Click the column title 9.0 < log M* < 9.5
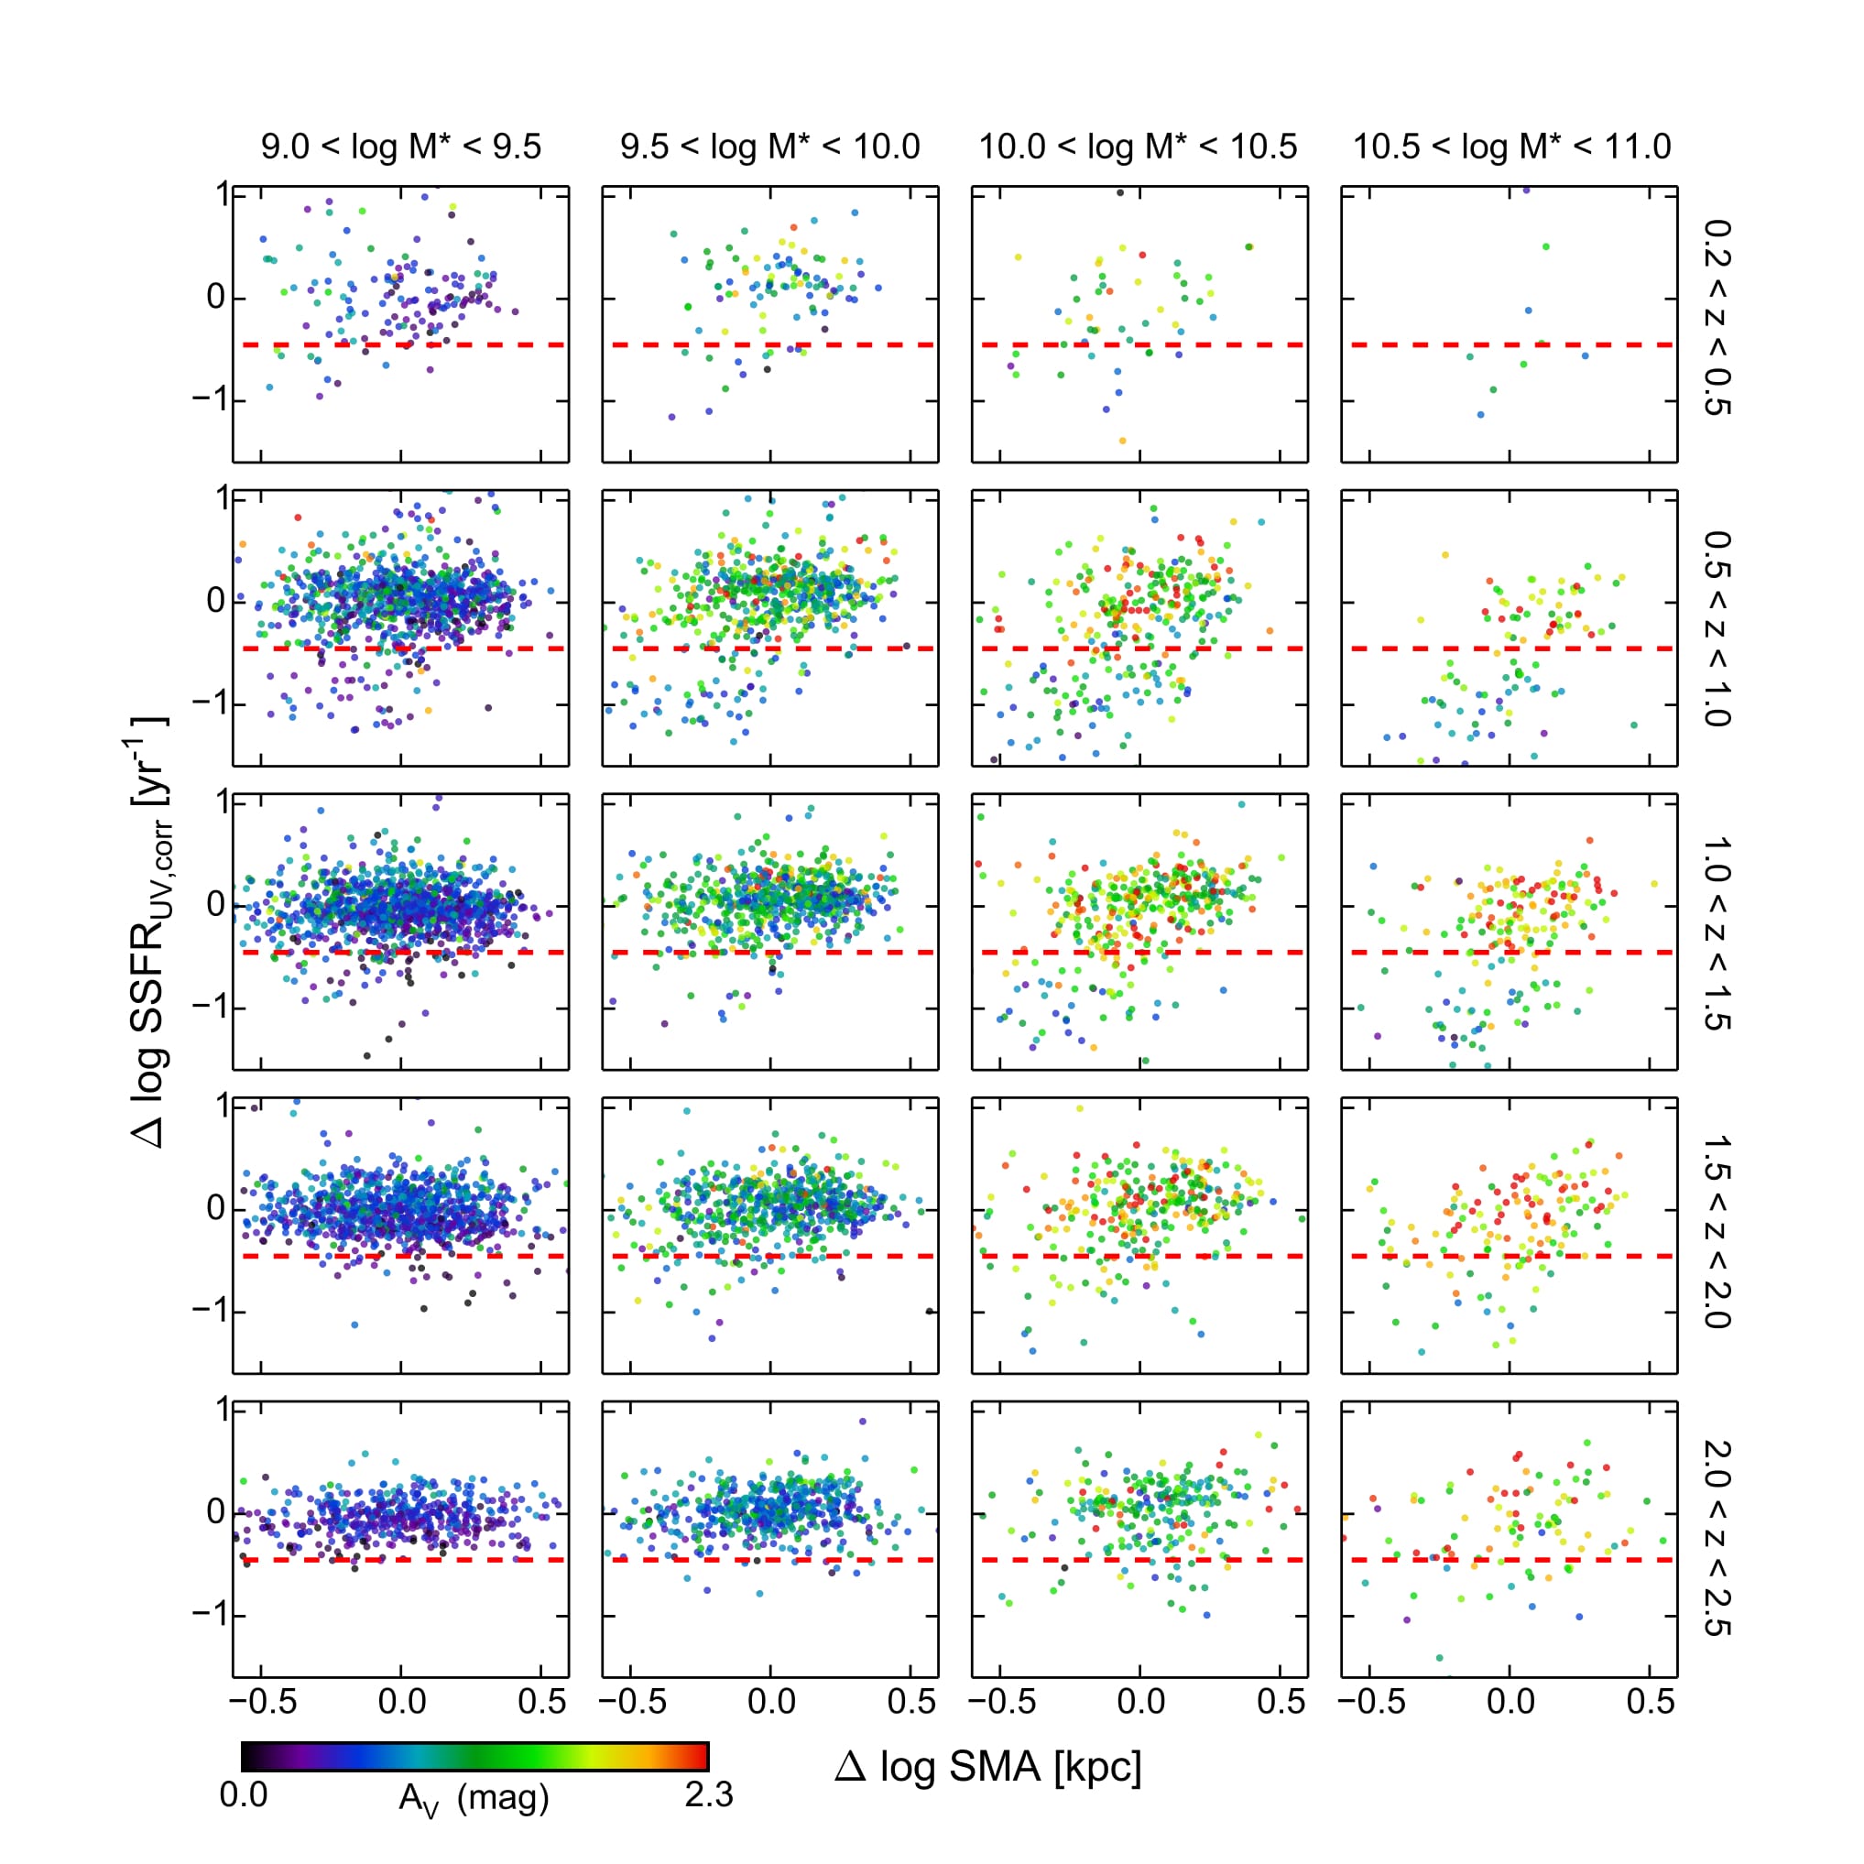tap(400, 147)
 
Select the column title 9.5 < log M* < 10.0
tap(770, 147)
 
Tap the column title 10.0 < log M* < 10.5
tap(1139, 147)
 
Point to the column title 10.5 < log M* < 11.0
tap(1510, 147)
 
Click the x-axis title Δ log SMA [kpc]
tap(988, 1767)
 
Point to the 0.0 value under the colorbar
tap(243, 1794)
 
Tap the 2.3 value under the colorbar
tap(709, 1794)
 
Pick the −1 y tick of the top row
tap(212, 398)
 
